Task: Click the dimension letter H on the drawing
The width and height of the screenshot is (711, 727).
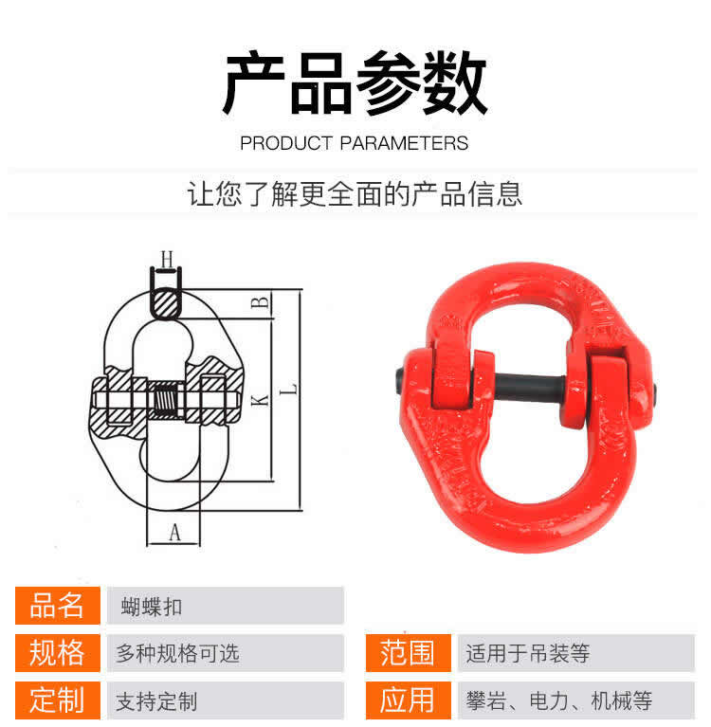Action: pyautogui.click(x=167, y=259)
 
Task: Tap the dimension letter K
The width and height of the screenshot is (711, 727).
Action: pyautogui.click(x=260, y=400)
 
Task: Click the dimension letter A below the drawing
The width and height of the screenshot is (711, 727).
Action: pyautogui.click(x=174, y=533)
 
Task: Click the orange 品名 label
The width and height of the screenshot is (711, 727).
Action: pyautogui.click(x=57, y=606)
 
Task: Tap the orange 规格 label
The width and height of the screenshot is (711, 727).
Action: pyautogui.click(x=57, y=653)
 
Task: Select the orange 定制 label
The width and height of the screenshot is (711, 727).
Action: pyautogui.click(x=57, y=700)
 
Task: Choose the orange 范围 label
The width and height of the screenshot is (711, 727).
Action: pyautogui.click(x=408, y=653)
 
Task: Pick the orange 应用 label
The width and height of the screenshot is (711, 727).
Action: pyautogui.click(x=408, y=700)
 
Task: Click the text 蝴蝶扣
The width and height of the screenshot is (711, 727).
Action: pyautogui.click(x=151, y=607)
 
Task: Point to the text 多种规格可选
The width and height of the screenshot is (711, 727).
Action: pyautogui.click(x=177, y=653)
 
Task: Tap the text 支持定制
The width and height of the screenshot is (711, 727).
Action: pyautogui.click(x=156, y=701)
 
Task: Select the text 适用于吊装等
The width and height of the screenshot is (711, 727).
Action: pyautogui.click(x=528, y=653)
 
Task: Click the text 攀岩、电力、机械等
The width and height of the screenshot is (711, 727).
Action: pyautogui.click(x=559, y=700)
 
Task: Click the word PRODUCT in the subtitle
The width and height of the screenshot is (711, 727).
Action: pyautogui.click(x=286, y=143)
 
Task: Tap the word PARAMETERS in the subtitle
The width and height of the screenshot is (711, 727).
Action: pyautogui.click(x=404, y=143)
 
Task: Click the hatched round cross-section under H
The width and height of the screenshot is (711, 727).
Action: pyautogui.click(x=166, y=303)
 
